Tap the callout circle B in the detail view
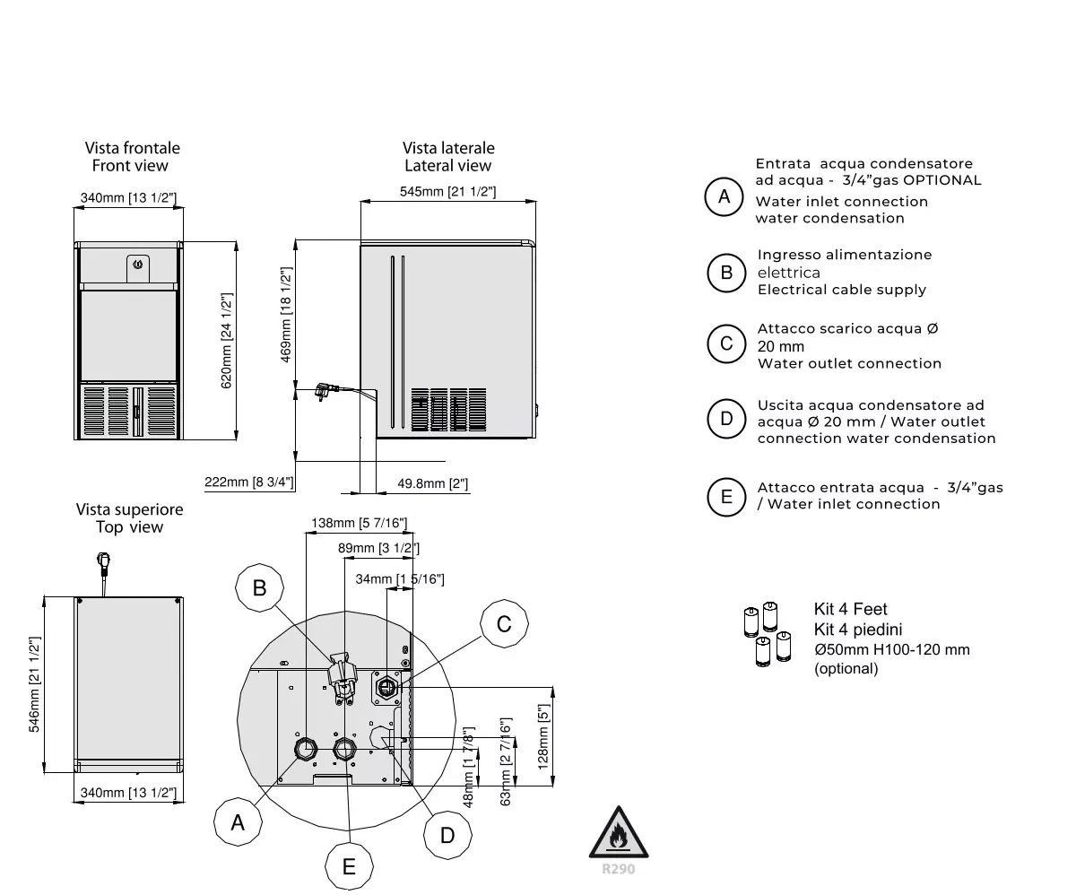[260, 587]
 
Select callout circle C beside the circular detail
[504, 623]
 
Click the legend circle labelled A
[725, 197]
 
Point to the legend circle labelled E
[726, 496]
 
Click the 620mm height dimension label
[227, 341]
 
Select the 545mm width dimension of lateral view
[447, 191]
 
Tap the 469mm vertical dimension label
[286, 314]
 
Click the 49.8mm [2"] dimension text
[432, 484]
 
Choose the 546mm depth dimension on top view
[35, 684]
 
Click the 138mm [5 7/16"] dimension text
[360, 523]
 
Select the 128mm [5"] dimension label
[542, 736]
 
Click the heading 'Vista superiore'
[129, 509]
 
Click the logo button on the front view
[137, 265]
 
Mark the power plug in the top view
[102, 564]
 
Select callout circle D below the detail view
[447, 835]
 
